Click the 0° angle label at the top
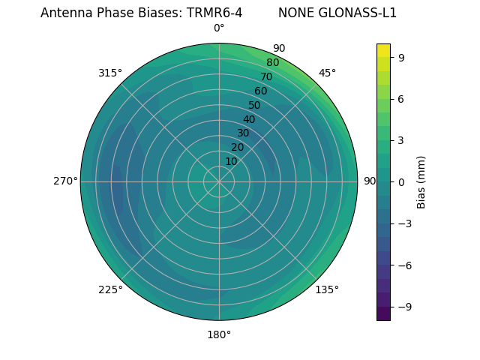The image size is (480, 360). pyautogui.click(x=219, y=28)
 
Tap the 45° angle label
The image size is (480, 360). pyautogui.click(x=327, y=73)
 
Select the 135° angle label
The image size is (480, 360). pyautogui.click(x=327, y=289)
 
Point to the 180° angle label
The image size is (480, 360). pyautogui.click(x=219, y=334)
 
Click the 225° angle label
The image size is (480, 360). pyautogui.click(x=110, y=289)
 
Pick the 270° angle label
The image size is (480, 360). pyautogui.click(x=65, y=181)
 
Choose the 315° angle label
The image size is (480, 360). pyautogui.click(x=110, y=73)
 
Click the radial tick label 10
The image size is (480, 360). pyautogui.click(x=231, y=161)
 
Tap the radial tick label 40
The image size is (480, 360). pyautogui.click(x=249, y=119)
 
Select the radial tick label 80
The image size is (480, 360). pyautogui.click(x=272, y=62)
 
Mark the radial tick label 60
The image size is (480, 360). pyautogui.click(x=260, y=91)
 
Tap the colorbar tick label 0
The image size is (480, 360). pyautogui.click(x=401, y=181)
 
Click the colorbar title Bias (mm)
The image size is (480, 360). pyautogui.click(x=421, y=181)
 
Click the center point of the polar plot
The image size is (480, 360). pyautogui.click(x=219, y=181)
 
